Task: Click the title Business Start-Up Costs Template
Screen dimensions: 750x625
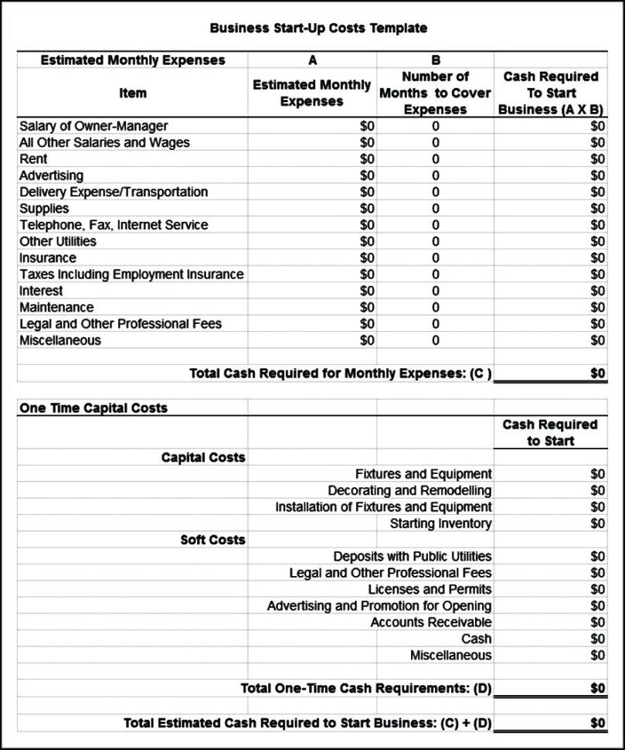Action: (x=318, y=28)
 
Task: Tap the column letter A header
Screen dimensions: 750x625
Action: (x=311, y=60)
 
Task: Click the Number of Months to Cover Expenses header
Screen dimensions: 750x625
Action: (x=435, y=93)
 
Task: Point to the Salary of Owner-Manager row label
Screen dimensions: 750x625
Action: (x=93, y=126)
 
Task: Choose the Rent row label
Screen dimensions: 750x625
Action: (x=33, y=159)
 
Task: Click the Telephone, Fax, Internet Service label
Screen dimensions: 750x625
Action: (x=114, y=225)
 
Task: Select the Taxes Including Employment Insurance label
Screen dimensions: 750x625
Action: (x=131, y=274)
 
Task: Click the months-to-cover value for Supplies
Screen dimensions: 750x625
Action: (x=435, y=209)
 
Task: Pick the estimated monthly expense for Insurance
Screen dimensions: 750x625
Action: (x=367, y=258)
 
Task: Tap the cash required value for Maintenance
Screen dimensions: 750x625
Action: (x=597, y=308)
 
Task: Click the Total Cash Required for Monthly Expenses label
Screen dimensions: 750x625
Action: (x=341, y=373)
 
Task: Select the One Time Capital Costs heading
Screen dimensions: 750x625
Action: (x=93, y=407)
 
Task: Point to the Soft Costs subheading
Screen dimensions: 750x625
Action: (x=213, y=540)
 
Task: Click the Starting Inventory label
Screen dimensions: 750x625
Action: (x=440, y=523)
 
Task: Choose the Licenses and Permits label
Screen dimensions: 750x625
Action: (x=430, y=589)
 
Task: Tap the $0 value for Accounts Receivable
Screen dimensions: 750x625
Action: (x=597, y=622)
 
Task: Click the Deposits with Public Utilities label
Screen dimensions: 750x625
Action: (x=412, y=557)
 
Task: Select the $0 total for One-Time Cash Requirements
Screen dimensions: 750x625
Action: (x=597, y=688)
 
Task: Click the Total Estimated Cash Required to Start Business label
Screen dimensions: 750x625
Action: (x=308, y=723)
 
